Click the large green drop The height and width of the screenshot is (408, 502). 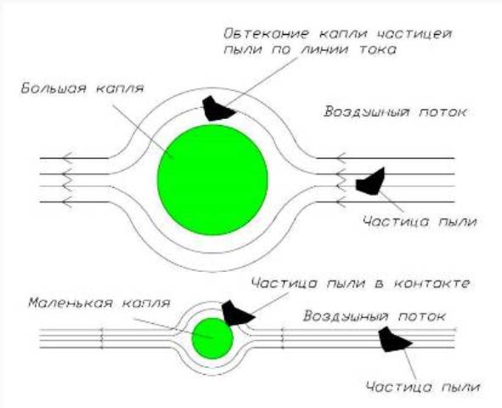[212, 180]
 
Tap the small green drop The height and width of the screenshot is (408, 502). [212, 338]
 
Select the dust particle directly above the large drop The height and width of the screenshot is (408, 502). [218, 109]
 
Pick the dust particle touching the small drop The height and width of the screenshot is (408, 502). [238, 313]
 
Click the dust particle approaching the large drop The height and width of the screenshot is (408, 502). [371, 182]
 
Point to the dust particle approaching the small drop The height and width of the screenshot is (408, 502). [394, 340]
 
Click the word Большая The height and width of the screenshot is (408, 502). [54, 88]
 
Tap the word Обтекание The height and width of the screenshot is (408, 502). [267, 33]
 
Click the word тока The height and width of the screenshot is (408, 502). [378, 49]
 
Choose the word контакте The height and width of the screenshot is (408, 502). [431, 283]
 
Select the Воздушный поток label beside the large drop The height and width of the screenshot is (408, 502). [395, 112]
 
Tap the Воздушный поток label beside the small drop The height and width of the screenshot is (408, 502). [375, 316]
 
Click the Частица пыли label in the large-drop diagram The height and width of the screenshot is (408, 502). [420, 222]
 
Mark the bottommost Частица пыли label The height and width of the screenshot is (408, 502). [423, 387]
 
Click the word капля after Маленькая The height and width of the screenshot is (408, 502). [146, 303]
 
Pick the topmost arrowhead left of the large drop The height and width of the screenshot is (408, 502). [67, 158]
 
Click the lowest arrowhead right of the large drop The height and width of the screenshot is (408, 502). [341, 202]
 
